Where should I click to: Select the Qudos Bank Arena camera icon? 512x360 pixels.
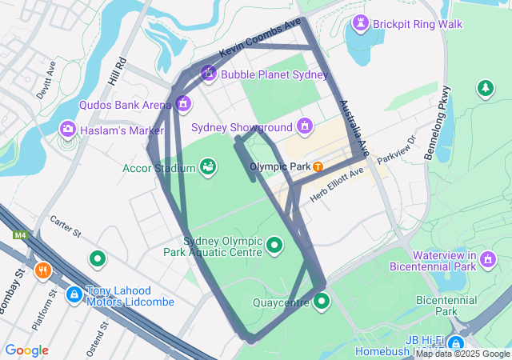(x=183, y=104)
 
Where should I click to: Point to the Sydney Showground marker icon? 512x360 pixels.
(x=304, y=126)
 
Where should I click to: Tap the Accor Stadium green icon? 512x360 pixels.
(x=208, y=166)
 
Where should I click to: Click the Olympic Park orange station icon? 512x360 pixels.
(x=318, y=166)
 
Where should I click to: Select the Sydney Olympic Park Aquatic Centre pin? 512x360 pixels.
(x=274, y=244)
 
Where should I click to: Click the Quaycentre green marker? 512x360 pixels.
(x=322, y=301)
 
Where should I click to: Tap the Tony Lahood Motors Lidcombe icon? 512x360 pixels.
(x=74, y=294)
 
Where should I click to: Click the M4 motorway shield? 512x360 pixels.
(x=19, y=235)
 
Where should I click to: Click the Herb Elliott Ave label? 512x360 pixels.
(x=338, y=184)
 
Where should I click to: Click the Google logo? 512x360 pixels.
(x=26, y=350)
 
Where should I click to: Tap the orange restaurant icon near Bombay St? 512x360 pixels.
(x=43, y=270)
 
